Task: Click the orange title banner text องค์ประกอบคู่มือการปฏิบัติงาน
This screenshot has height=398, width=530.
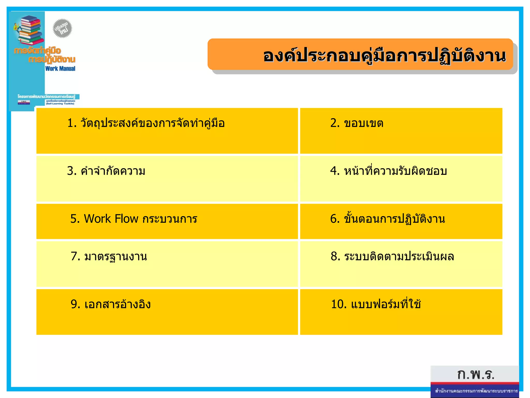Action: (384, 56)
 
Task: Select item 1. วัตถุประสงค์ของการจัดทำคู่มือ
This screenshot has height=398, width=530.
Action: (146, 123)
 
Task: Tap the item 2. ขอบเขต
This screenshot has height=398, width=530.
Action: (357, 123)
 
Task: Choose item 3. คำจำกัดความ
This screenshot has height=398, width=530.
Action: (106, 171)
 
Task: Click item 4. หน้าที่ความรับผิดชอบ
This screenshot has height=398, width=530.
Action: (388, 171)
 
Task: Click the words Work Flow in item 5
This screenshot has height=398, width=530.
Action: (111, 219)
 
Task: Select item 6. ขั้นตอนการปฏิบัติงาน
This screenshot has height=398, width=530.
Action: (387, 219)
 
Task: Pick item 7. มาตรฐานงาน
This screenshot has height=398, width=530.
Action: (109, 257)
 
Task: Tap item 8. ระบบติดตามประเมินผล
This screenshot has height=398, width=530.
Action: (392, 257)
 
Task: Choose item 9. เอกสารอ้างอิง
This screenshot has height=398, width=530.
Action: (111, 304)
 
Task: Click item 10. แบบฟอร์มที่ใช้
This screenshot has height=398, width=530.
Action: (376, 304)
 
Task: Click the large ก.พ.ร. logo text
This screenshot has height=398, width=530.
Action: (476, 374)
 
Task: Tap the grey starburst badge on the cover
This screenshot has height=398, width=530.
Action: (62, 28)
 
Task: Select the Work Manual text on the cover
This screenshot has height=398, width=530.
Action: (60, 69)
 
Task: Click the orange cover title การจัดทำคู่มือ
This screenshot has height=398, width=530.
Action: (38, 50)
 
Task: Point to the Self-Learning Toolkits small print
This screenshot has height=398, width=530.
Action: (60, 104)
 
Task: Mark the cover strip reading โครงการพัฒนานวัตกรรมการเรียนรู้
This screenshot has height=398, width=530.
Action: (47, 96)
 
